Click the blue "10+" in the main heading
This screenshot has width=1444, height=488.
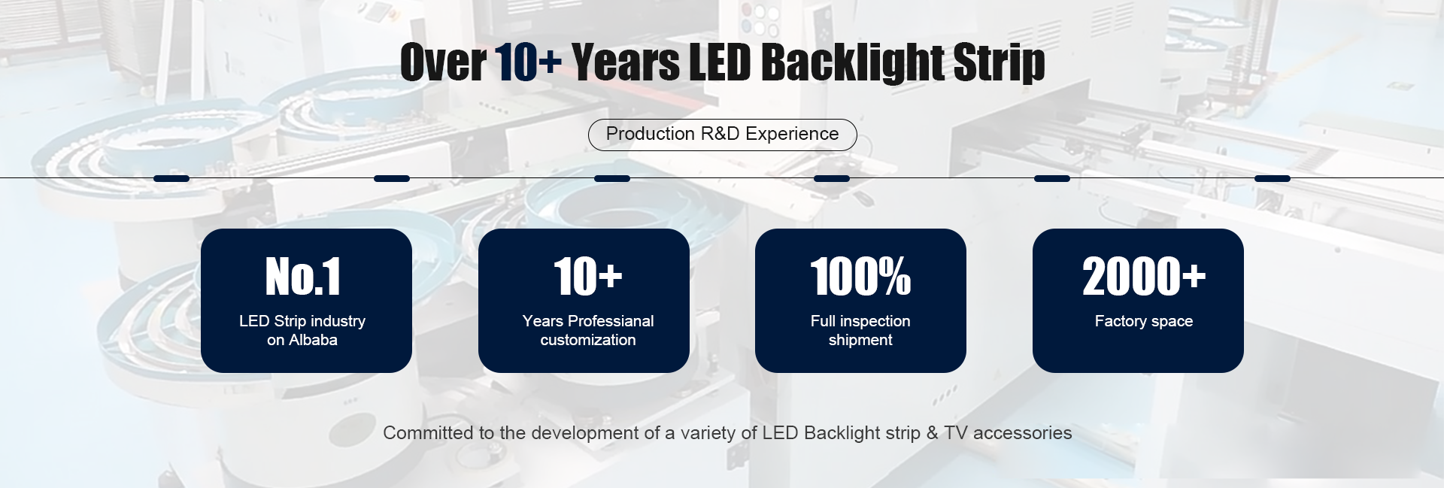[x=528, y=62]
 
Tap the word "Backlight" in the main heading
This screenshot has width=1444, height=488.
[x=853, y=62]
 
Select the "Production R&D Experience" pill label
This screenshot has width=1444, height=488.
[x=722, y=134]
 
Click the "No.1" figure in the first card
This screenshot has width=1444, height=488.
[x=303, y=276]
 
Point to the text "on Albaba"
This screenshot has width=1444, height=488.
[x=302, y=340]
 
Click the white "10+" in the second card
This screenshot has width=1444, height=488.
[x=588, y=276]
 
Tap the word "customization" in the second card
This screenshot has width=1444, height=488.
[x=588, y=340]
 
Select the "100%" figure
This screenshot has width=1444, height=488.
[x=860, y=276]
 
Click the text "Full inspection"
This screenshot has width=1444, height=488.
[x=860, y=321]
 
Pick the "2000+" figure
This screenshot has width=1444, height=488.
[x=1144, y=276]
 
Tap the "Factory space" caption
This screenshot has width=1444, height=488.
[x=1144, y=321]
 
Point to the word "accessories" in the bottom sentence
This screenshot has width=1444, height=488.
[x=1022, y=433]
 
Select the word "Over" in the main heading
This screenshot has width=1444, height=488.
[x=443, y=62]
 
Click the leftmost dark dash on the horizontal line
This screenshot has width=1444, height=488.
[x=171, y=178]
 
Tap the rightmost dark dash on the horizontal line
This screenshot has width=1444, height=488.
[x=1273, y=178]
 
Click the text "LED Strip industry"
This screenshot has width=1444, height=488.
[x=302, y=321]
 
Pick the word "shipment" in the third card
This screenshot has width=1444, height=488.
[x=860, y=340]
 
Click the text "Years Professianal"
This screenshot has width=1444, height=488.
[x=588, y=321]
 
